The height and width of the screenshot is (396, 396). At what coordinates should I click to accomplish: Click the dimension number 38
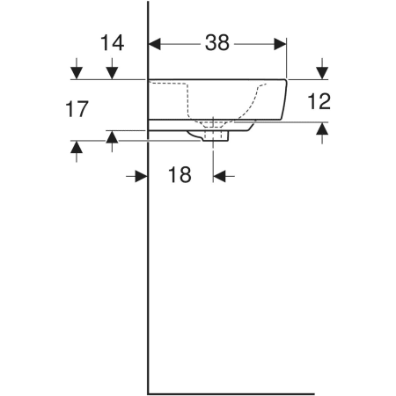pyautogui.click(x=217, y=43)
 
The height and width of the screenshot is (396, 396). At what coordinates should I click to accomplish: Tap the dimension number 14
pyautogui.click(x=113, y=43)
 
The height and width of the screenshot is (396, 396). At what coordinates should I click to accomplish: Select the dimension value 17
pyautogui.click(x=77, y=109)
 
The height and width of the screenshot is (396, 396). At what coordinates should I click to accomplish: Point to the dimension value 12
pyautogui.click(x=319, y=101)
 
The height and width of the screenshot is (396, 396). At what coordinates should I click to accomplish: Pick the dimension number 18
pyautogui.click(x=180, y=175)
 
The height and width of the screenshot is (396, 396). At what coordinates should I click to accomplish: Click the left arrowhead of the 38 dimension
pyautogui.click(x=155, y=44)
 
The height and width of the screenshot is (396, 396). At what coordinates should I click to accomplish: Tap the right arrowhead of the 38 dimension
pyautogui.click(x=280, y=44)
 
